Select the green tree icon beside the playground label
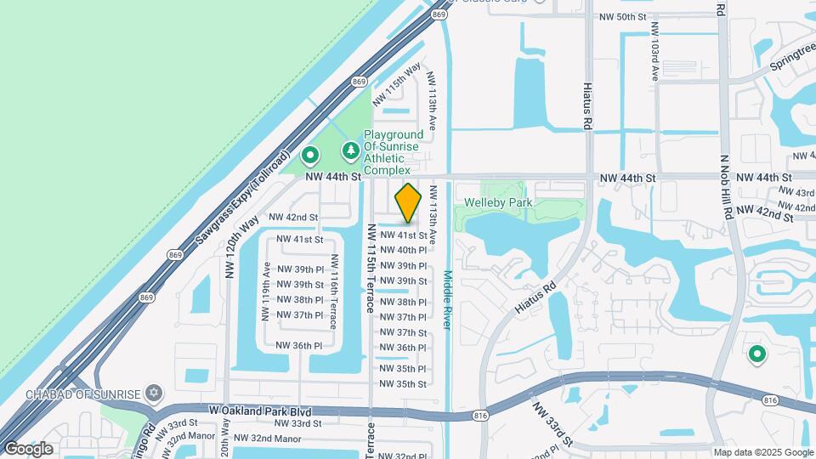(349, 151)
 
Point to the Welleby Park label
(498, 202)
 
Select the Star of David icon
(154, 393)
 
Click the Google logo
(28, 448)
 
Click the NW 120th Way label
(229, 246)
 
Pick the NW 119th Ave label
(267, 286)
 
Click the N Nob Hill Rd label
(726, 187)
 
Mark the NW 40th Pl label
(403, 250)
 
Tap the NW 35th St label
(403, 384)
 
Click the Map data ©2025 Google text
(762, 452)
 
